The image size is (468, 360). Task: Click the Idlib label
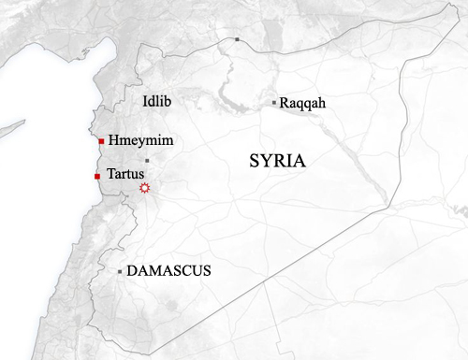click(156, 100)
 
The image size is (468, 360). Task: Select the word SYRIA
click(278, 161)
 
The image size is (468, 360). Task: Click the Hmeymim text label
click(141, 140)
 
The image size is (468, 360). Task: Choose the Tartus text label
click(126, 174)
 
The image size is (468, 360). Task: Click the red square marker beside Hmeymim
click(101, 141)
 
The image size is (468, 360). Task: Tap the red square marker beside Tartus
click(97, 176)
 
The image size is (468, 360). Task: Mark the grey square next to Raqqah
click(273, 102)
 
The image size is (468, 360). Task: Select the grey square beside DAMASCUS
click(120, 271)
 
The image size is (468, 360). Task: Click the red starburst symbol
click(144, 188)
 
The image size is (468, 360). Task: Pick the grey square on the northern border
click(238, 39)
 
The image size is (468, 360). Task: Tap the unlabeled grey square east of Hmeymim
click(146, 161)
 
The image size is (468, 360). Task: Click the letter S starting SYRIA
click(254, 161)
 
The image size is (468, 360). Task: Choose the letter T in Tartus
click(111, 174)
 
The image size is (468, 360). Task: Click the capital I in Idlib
click(144, 100)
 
